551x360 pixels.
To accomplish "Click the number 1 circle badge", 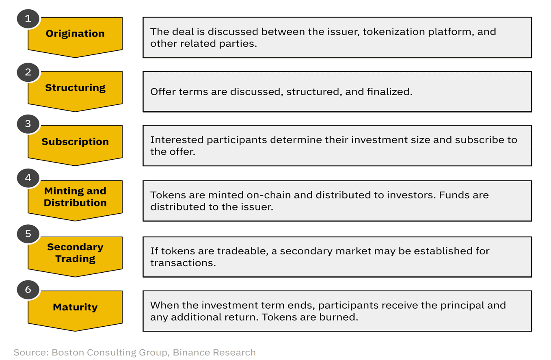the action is [x=28, y=19].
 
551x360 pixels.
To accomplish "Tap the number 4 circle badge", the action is [x=28, y=178].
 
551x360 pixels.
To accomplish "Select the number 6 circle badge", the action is [x=28, y=290].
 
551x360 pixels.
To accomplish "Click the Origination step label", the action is [x=75, y=33].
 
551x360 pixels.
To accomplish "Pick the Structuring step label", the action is [x=75, y=88].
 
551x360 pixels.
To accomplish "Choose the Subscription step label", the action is [x=75, y=142].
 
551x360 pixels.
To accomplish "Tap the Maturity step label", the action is [x=75, y=307].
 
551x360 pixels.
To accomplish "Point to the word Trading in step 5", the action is [x=75, y=259].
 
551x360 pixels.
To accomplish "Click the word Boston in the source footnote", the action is [x=68, y=352].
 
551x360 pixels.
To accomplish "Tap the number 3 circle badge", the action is [x=28, y=124].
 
